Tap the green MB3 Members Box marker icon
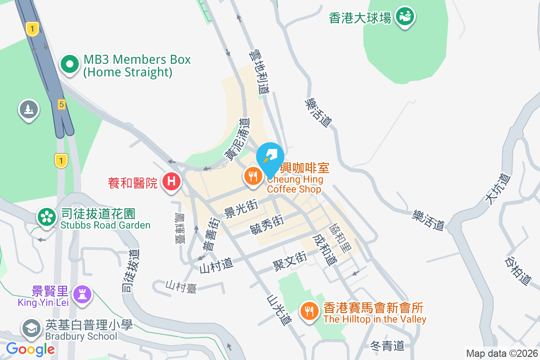coord(69,65)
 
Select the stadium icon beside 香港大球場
coord(405,18)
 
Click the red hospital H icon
coord(171,182)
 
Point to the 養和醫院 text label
coord(133,183)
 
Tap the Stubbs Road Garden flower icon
coord(46,217)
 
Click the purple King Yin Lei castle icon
coord(82,295)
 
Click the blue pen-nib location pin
coord(270,157)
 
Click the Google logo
coord(31,349)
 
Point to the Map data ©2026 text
coord(501,353)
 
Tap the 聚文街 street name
coord(290,261)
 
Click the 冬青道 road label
coord(387,346)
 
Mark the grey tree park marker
coord(29,110)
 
